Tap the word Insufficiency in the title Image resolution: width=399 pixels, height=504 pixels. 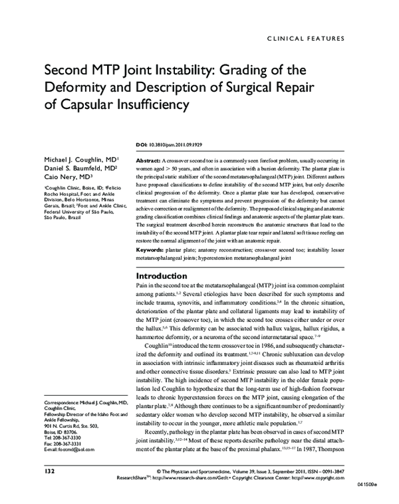click(148, 105)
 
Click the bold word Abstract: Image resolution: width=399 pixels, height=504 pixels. click(148, 162)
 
